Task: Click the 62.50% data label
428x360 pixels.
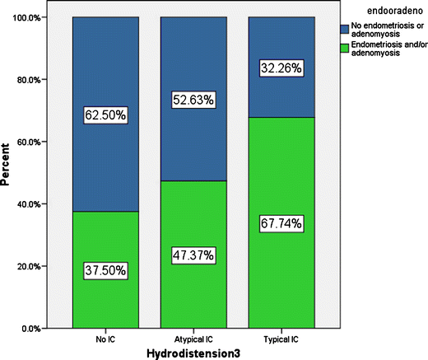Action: pyautogui.click(x=105, y=115)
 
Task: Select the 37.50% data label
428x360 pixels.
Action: pyautogui.click(x=105, y=270)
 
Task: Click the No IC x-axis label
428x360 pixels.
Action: pyautogui.click(x=105, y=339)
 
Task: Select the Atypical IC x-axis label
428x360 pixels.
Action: pyautogui.click(x=193, y=339)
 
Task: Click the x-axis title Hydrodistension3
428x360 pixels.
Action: pyautogui.click(x=193, y=353)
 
